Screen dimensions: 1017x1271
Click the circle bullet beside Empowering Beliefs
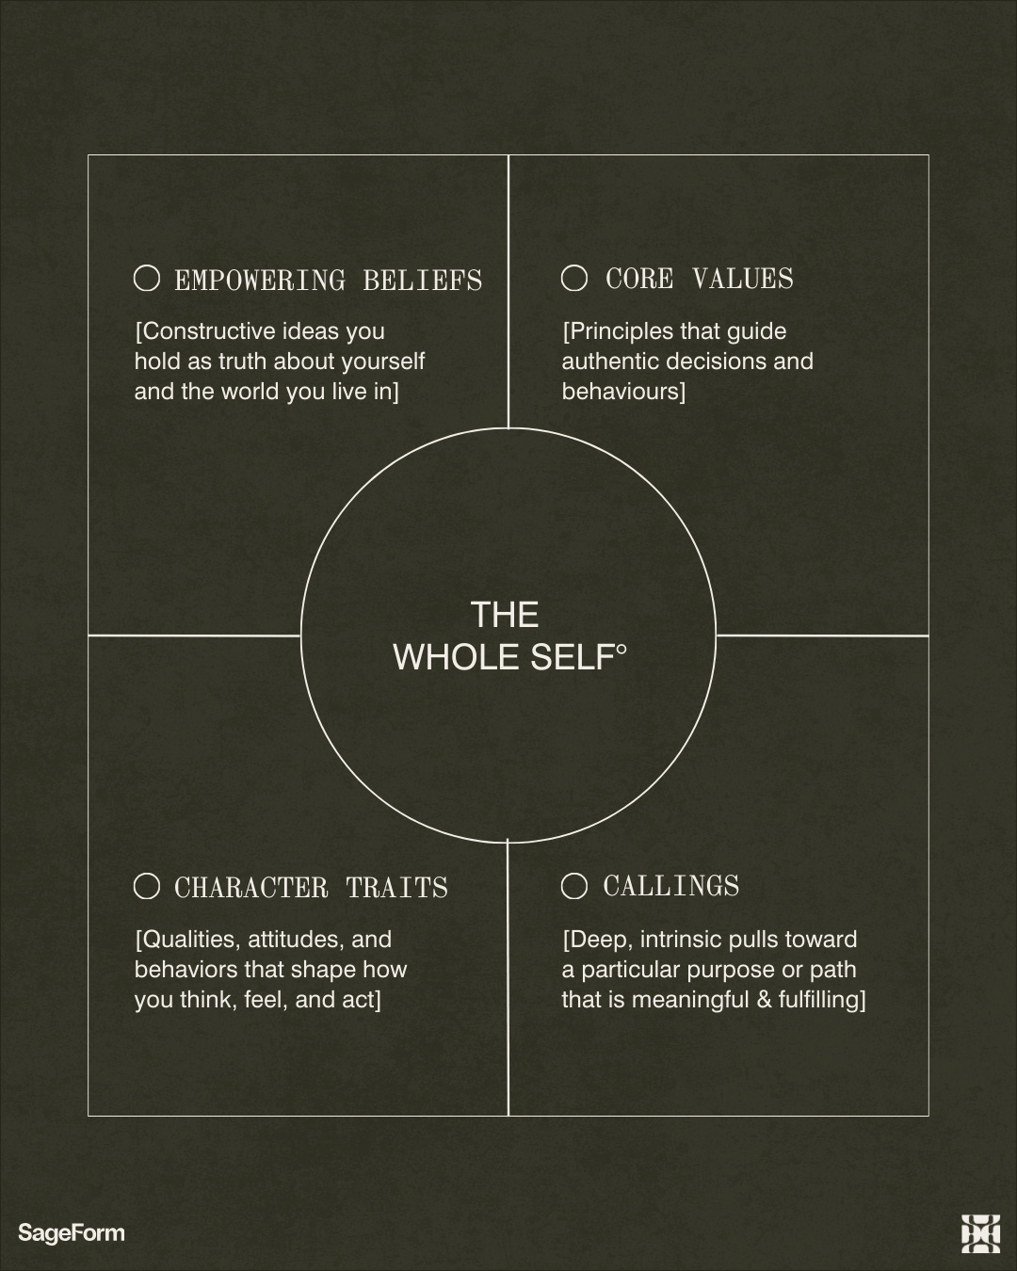(x=147, y=278)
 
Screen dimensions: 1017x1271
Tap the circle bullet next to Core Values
(x=574, y=278)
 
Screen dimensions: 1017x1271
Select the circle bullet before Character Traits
(x=147, y=886)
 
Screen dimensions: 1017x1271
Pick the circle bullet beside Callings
(x=574, y=886)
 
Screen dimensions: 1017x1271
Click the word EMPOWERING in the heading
(x=260, y=281)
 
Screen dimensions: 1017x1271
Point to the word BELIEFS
(x=423, y=281)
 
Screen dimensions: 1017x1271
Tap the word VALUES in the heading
(x=743, y=279)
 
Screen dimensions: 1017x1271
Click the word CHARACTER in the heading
(x=251, y=888)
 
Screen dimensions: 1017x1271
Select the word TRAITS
(x=397, y=888)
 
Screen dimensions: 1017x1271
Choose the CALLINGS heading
(x=671, y=886)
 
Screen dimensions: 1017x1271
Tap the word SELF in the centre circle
(x=573, y=657)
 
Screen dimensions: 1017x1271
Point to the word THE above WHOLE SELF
(x=505, y=615)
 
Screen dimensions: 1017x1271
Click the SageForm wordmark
(x=72, y=1232)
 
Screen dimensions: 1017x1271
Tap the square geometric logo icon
(x=980, y=1233)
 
